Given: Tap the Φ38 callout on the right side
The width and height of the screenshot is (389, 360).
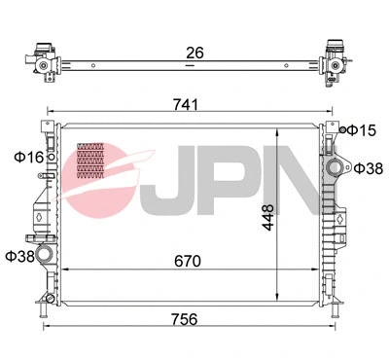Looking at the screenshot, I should coord(368,168).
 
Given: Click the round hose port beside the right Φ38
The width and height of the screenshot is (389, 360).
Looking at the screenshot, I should coord(339,168).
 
